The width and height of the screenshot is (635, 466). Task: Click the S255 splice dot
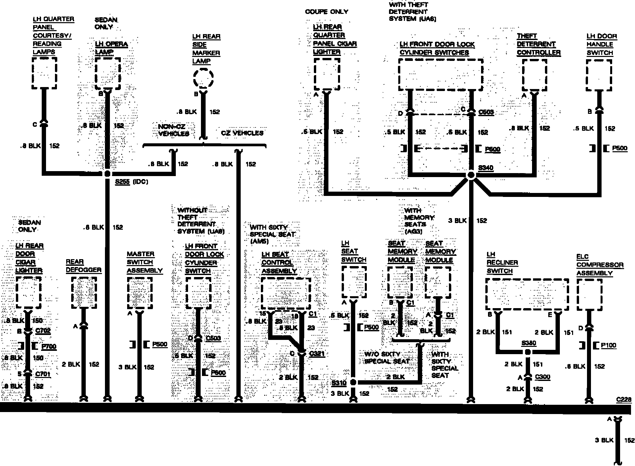(107, 174)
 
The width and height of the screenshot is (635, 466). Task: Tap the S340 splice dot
(471, 175)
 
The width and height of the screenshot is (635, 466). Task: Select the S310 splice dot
(353, 382)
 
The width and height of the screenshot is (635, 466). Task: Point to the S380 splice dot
(528, 352)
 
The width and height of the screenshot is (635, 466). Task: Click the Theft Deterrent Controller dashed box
(534, 75)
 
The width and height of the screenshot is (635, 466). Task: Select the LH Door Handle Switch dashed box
(599, 75)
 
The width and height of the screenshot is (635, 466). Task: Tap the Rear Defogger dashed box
(84, 293)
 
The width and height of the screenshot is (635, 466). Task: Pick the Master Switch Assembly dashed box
(140, 293)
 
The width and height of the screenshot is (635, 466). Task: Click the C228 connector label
(624, 399)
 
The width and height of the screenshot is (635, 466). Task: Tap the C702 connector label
(43, 330)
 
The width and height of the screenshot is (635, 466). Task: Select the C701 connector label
(43, 374)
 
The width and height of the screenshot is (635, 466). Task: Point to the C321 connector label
(317, 354)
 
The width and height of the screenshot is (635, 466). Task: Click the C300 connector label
(542, 377)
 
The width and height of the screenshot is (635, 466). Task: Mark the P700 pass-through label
(49, 347)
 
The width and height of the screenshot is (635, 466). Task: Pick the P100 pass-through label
(609, 345)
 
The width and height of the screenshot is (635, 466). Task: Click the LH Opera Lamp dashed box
(108, 73)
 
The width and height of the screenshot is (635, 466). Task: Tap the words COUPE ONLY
(326, 12)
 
